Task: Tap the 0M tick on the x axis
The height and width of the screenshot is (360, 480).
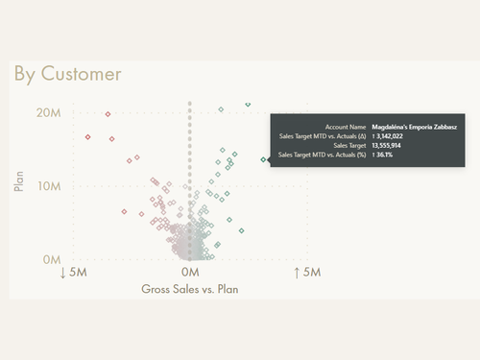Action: (190, 273)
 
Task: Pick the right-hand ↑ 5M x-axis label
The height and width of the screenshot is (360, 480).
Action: (307, 273)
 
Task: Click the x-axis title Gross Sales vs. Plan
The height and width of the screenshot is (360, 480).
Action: (189, 289)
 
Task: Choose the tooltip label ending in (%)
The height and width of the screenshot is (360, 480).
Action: (322, 156)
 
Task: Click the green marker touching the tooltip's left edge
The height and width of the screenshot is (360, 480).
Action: (264, 159)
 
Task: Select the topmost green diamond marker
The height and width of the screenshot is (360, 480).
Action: (248, 104)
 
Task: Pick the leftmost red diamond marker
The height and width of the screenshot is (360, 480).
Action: (87, 137)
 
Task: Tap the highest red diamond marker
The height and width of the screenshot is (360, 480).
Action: (108, 114)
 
